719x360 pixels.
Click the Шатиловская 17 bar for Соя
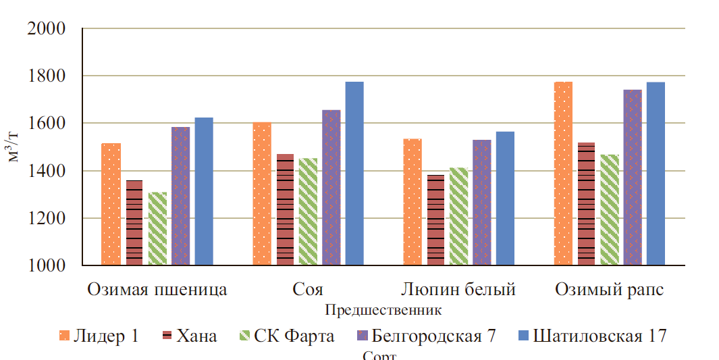pyautogui.click(x=354, y=174)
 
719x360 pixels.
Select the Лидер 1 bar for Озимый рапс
pyautogui.click(x=563, y=174)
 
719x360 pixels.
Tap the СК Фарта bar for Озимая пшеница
pyautogui.click(x=157, y=229)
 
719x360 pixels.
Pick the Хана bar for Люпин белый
pyautogui.click(x=436, y=220)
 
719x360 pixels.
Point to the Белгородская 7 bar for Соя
pyautogui.click(x=331, y=188)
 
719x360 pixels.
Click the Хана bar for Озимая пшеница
pyautogui.click(x=134, y=223)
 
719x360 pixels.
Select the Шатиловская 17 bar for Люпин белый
pyautogui.click(x=505, y=199)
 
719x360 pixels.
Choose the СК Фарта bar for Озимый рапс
pyautogui.click(x=610, y=210)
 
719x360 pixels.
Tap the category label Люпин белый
pyautogui.click(x=458, y=290)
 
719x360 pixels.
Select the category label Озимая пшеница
pyautogui.click(x=157, y=290)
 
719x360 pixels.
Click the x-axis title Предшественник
pyautogui.click(x=383, y=311)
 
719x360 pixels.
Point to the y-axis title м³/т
pyautogui.click(x=14, y=147)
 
